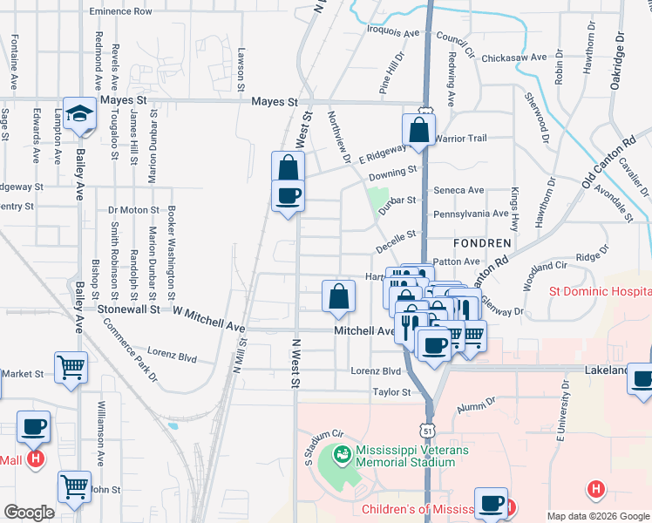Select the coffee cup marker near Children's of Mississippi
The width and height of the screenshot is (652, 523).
pyautogui.click(x=491, y=502)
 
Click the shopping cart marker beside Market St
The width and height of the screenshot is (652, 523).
pyautogui.click(x=71, y=366)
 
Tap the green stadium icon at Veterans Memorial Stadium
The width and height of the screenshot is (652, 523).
pyautogui.click(x=343, y=455)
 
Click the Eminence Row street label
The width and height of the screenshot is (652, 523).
pyautogui.click(x=121, y=12)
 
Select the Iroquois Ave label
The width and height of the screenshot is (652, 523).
pyautogui.click(x=393, y=33)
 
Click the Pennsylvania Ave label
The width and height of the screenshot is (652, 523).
pyautogui.click(x=471, y=214)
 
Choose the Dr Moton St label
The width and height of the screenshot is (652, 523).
pyautogui.click(x=133, y=210)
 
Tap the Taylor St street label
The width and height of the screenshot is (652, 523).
pyautogui.click(x=391, y=393)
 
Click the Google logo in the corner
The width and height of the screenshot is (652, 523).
pyautogui.click(x=29, y=513)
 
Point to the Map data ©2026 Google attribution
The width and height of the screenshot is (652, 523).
pyautogui.click(x=598, y=516)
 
